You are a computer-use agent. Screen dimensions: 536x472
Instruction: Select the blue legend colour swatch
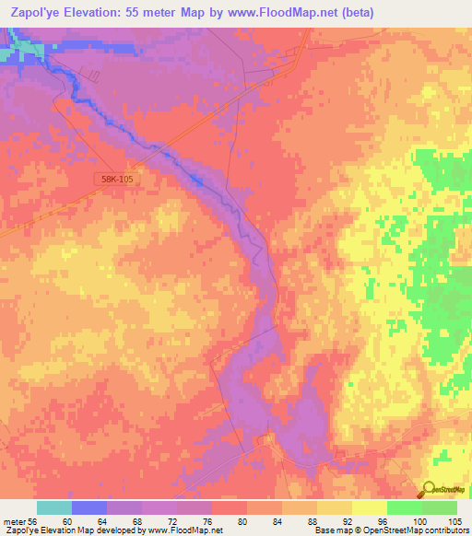tap(89, 507)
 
